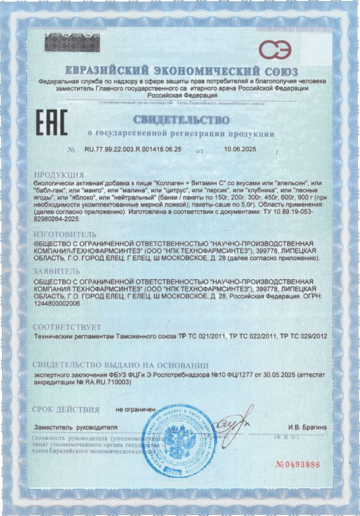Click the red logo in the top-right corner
pyautogui.click(x=275, y=49)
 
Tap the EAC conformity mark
pyautogui.click(x=52, y=122)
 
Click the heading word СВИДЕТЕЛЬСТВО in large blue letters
pyautogui.click(x=181, y=120)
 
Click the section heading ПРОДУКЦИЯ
pyautogui.click(x=59, y=175)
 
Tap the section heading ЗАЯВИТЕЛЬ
pyautogui.click(x=57, y=270)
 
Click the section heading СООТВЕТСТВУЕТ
pyautogui.click(x=67, y=327)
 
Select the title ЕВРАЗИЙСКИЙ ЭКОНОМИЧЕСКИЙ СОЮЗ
pyautogui.click(x=179, y=72)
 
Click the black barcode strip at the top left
pyautogui.click(x=71, y=42)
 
